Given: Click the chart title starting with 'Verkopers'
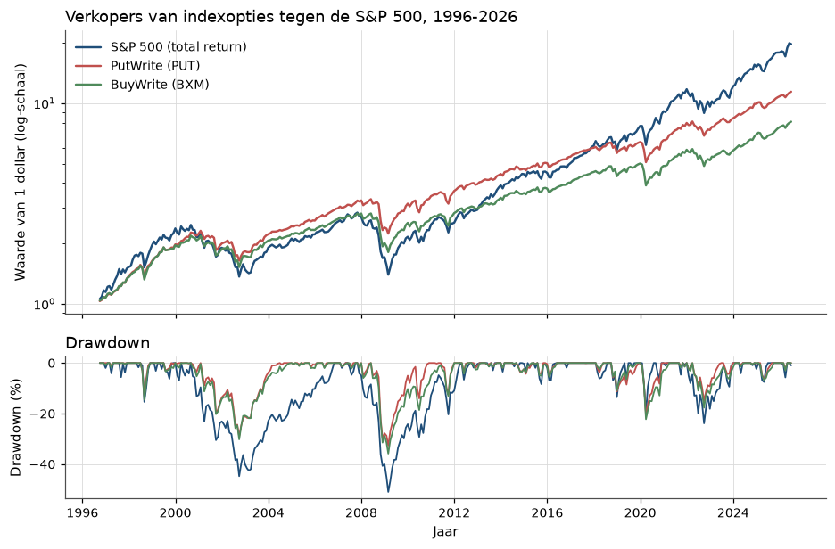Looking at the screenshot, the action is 292,17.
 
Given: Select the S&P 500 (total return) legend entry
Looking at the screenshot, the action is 161,47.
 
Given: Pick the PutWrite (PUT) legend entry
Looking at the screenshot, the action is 137,65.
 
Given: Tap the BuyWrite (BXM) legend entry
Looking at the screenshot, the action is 142,85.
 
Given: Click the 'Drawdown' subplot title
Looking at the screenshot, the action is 108,343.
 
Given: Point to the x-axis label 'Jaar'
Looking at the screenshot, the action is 446,531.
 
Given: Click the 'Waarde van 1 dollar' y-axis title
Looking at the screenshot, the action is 21,172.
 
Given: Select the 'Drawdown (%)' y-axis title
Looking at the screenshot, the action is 17,428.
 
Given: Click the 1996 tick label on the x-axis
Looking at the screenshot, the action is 83,513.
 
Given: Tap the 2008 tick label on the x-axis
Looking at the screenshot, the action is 361,513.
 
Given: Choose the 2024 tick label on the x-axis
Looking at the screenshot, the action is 734,513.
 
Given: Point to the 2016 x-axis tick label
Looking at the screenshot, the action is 548,513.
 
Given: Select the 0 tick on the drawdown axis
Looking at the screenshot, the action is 52,364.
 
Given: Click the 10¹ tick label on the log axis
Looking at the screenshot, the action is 45,102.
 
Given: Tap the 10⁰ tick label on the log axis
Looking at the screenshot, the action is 45,304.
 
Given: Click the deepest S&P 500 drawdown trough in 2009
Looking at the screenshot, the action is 388,492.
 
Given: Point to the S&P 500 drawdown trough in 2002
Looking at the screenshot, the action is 239,476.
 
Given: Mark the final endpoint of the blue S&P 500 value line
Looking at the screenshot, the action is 791,45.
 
